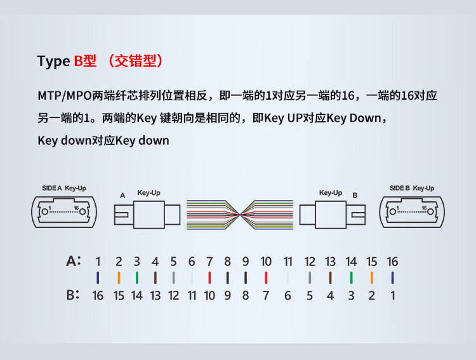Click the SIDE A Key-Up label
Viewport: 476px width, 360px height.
click(64, 189)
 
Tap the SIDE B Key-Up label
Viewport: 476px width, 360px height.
click(412, 189)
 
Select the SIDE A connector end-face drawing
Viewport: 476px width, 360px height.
click(64, 212)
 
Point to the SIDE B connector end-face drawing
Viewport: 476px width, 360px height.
click(412, 212)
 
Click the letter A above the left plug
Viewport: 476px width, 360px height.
click(122, 196)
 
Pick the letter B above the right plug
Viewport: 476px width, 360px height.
click(355, 196)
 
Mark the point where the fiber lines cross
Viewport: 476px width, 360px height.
click(240, 215)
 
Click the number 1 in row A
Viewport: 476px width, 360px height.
click(98, 262)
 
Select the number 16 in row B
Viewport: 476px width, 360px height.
click(98, 296)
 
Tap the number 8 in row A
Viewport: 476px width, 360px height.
click(227, 262)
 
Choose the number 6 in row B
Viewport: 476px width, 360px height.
click(288, 296)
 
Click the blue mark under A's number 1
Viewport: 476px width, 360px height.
click(98, 277)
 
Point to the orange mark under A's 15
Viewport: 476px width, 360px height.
click(371, 277)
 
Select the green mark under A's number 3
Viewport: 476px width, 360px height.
click(137, 277)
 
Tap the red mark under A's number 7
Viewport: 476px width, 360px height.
click(209, 277)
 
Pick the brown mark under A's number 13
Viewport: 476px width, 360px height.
click(330, 277)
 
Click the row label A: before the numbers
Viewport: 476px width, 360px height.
click(74, 261)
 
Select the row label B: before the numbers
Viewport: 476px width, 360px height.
click(73, 295)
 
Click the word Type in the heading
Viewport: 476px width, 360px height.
click(53, 62)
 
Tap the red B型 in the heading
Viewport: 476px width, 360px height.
click(85, 61)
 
